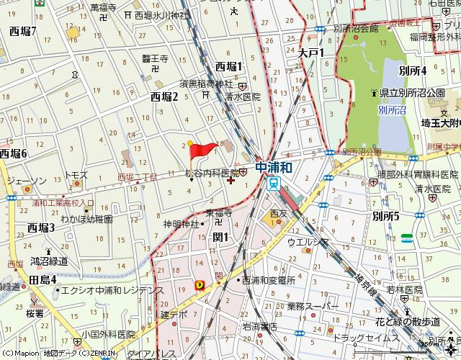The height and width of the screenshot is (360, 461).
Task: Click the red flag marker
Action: (202, 150)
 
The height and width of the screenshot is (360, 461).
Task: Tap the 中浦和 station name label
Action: (274, 167)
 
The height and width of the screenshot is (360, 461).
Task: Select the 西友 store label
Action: (278, 214)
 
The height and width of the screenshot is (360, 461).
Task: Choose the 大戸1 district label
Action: (312, 53)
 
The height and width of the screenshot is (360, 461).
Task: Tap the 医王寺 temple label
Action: (153, 59)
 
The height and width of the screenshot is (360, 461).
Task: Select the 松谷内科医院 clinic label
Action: (212, 174)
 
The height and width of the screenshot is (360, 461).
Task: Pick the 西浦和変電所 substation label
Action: (269, 279)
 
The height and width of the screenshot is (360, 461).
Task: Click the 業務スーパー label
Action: (312, 307)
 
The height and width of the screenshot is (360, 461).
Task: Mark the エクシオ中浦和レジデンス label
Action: (112, 289)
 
